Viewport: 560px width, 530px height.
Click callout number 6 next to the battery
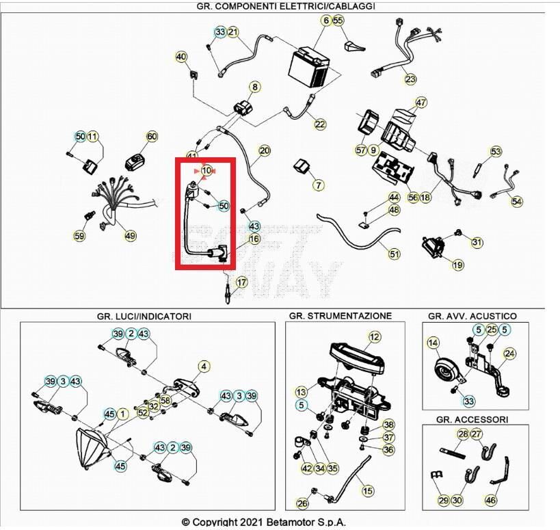[325, 21]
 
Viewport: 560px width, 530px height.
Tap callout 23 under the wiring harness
[410, 79]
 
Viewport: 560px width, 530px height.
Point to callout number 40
[181, 57]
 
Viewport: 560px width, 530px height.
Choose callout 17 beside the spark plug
[241, 282]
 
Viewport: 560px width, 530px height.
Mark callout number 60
[151, 137]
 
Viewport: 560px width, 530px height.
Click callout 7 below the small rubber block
[318, 185]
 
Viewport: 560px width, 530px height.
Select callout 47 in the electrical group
[421, 103]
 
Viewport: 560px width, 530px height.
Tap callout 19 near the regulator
[457, 265]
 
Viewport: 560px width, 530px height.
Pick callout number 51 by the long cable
[394, 254]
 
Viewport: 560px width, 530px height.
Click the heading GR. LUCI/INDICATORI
[144, 316]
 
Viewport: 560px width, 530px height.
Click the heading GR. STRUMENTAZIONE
[340, 316]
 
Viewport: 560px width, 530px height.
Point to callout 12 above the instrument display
[374, 336]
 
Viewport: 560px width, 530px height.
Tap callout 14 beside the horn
[432, 343]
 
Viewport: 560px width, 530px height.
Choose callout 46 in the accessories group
[490, 501]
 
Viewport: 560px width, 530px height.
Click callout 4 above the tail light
[204, 367]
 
